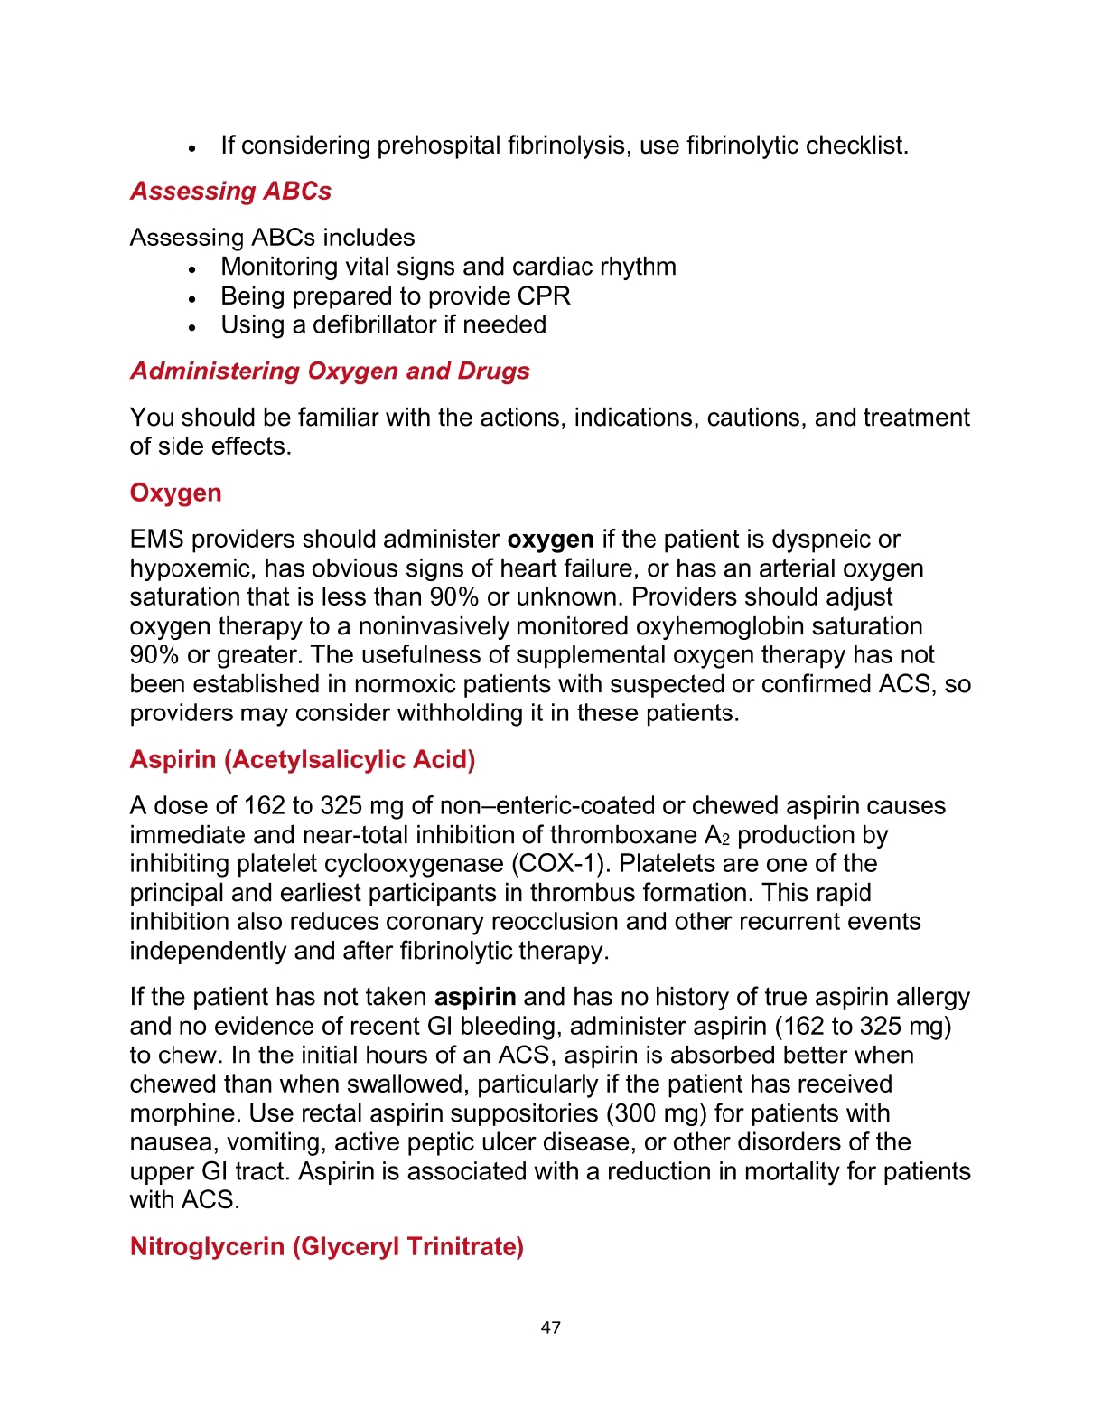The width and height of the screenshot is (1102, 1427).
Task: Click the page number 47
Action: (x=550, y=1327)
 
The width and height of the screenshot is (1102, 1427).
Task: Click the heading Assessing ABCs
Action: (x=230, y=192)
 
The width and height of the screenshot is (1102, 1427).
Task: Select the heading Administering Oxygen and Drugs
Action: (x=330, y=371)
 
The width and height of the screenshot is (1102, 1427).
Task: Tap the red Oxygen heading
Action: (x=175, y=493)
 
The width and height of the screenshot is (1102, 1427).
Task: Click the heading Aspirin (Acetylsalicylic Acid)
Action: (x=303, y=759)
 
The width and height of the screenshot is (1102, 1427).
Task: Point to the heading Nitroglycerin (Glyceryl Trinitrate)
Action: (x=327, y=1246)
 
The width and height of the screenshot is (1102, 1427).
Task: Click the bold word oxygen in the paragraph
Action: (x=550, y=540)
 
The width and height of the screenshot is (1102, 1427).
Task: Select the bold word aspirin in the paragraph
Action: (x=475, y=997)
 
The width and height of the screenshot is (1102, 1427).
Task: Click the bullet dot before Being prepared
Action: (x=192, y=298)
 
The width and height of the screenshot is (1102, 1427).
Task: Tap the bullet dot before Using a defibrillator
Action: (x=192, y=327)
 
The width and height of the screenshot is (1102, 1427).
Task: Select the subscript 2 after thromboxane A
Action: (x=725, y=839)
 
